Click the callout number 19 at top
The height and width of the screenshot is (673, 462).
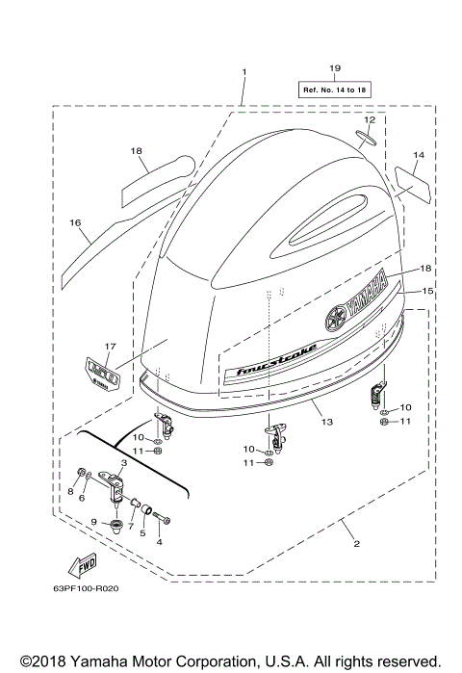335,68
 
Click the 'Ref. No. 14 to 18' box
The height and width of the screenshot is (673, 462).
335,89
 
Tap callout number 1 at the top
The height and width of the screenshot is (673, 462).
244,72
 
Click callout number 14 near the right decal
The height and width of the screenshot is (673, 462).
418,154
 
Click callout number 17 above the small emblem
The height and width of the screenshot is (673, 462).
110,347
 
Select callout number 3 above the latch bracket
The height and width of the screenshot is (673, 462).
123,463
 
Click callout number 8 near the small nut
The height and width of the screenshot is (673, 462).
69,491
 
